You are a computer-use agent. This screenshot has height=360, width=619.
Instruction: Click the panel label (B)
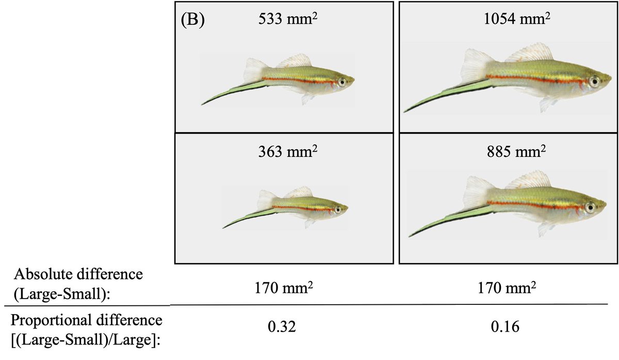tap(193, 22)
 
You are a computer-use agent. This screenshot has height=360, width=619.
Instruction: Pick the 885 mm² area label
tap(508, 153)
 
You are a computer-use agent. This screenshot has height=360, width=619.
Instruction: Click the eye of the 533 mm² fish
tap(341, 81)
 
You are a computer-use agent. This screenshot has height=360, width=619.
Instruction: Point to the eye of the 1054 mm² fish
tap(595, 80)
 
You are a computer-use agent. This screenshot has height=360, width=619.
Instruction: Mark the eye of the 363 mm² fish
tap(337, 210)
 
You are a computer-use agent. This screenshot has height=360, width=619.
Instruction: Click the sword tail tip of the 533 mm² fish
tap(203, 104)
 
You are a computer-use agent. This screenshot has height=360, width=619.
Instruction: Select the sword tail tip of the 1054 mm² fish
tap(406, 110)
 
